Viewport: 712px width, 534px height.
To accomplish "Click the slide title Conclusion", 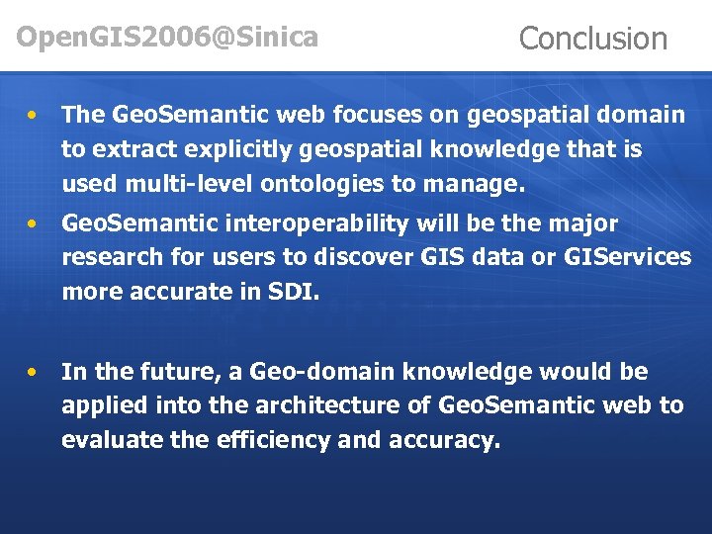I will pos(592,39).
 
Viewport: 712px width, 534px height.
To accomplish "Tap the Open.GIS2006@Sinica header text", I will pos(167,38).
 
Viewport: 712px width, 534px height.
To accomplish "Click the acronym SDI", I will pos(293,292).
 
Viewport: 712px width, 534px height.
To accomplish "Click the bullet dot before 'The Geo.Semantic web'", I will pos(34,116).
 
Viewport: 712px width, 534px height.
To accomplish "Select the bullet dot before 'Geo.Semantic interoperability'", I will pos(34,224).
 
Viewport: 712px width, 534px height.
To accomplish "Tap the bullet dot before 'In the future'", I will pos(34,373).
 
